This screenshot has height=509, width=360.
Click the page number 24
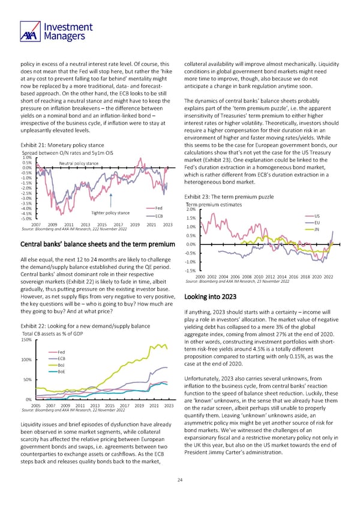(180, 479)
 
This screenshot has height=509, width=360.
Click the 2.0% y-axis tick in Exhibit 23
(191, 209)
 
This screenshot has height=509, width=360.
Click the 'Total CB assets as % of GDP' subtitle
(51, 333)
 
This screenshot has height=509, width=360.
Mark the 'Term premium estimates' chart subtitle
(214, 205)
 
